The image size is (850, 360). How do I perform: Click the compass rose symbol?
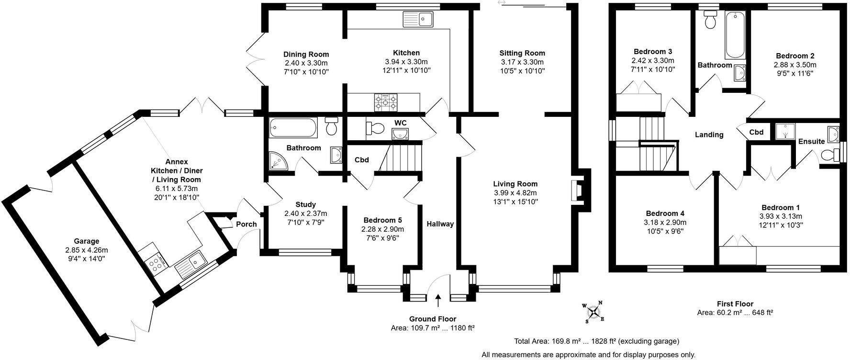(593, 312)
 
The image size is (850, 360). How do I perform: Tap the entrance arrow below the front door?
(438, 301)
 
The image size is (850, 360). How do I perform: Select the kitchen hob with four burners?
(386, 101)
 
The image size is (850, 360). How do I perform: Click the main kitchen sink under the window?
(418, 20)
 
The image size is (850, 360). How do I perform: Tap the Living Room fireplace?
(575, 190)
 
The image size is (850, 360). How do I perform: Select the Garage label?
(86, 241)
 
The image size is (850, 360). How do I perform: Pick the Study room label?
(305, 204)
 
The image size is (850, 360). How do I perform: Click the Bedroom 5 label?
(382, 220)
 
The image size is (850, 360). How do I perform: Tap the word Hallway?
(440, 224)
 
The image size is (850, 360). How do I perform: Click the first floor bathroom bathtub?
(734, 35)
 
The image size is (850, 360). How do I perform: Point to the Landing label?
(709, 135)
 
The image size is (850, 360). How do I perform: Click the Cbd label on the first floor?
(756, 132)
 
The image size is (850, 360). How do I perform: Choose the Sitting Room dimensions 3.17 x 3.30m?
(522, 62)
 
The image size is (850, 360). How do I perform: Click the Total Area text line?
(596, 341)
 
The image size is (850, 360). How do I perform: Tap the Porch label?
(246, 224)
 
